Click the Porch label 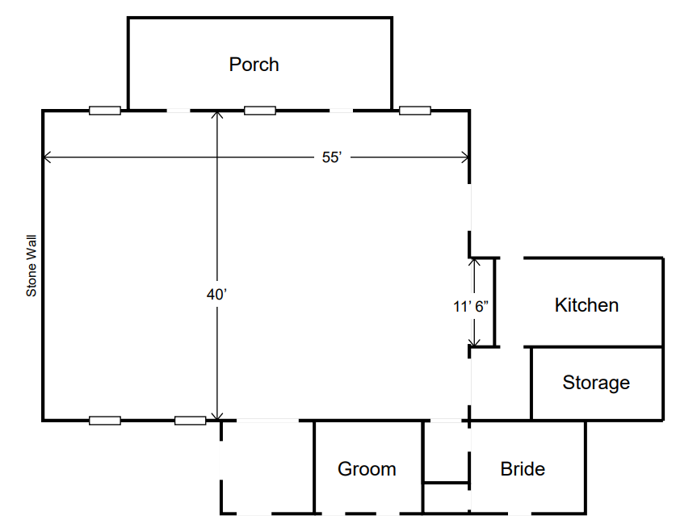[254, 65]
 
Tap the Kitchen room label [586, 305]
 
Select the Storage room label [596, 383]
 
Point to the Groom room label [367, 469]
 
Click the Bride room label [523, 469]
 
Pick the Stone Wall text [32, 267]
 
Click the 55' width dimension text [332, 157]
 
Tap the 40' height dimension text [216, 296]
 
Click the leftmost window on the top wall [105, 111]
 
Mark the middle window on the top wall [260, 111]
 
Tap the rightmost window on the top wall [415, 111]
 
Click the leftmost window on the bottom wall [105, 420]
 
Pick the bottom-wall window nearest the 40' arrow [191, 420]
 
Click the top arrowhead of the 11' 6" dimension [473, 262]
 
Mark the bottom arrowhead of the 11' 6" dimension [473, 343]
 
